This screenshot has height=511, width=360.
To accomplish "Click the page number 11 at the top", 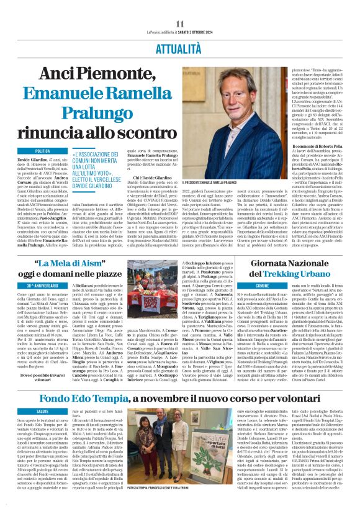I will tap(180, 24).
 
